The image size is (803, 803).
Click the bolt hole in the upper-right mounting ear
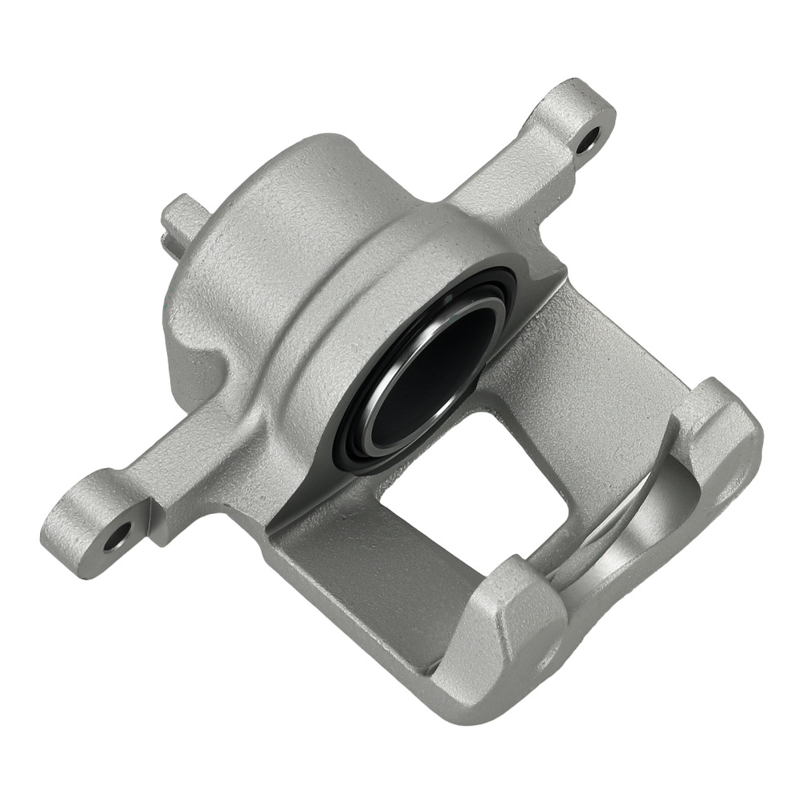588,138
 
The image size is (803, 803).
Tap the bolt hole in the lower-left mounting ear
119,536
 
